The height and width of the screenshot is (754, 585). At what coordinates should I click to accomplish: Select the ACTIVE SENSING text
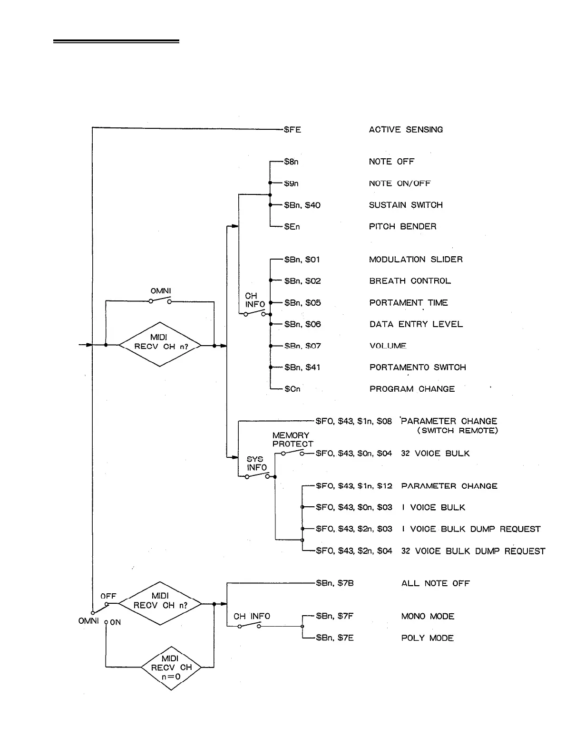point(406,129)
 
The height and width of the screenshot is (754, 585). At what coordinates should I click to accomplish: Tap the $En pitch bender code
point(292,227)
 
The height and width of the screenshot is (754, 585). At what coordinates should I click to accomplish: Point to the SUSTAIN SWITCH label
point(406,205)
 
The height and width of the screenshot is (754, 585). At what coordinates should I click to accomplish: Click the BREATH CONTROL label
point(410,281)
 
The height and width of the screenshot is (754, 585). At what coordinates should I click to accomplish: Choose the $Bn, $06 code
point(302,324)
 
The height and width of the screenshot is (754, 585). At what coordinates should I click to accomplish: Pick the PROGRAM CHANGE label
point(412,389)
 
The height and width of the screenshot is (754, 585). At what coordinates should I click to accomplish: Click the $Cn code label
point(292,389)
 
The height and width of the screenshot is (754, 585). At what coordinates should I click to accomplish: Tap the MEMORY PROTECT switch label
point(292,440)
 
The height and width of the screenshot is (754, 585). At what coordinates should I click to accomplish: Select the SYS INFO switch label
point(256,464)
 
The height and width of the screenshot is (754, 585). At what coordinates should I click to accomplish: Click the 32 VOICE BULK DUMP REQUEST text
point(473,551)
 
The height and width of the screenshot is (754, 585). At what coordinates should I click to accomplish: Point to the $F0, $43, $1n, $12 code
point(354,486)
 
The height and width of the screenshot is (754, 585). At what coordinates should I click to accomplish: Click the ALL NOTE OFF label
point(435,583)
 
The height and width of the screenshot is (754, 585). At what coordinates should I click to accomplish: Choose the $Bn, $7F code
point(335,616)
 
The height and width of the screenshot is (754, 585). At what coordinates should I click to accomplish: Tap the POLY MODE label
point(427,638)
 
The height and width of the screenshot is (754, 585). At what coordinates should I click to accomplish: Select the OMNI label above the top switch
point(161,291)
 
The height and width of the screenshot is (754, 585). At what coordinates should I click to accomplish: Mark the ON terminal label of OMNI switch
point(116,622)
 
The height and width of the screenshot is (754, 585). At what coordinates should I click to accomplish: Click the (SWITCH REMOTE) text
point(458,431)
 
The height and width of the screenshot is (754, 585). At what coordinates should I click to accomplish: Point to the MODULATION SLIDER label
point(416,260)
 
